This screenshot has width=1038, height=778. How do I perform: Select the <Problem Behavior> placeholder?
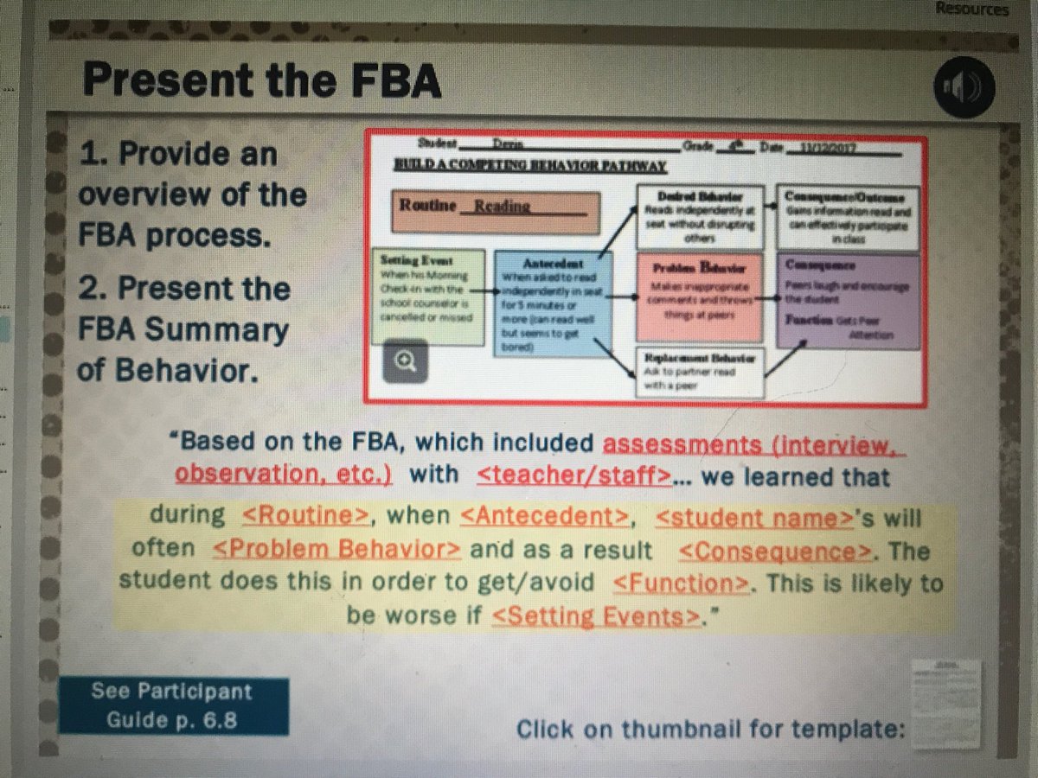[336, 551]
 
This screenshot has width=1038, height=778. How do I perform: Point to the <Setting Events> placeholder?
[595, 616]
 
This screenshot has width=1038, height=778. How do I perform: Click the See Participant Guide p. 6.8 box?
[173, 705]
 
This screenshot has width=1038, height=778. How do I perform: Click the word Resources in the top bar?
[971, 10]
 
